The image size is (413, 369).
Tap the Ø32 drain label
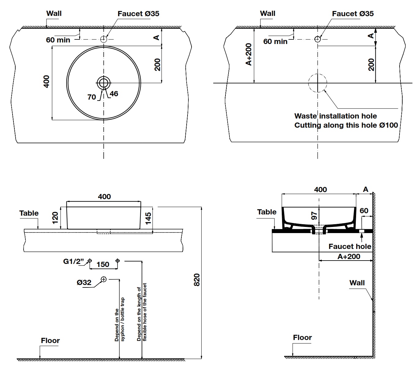(84, 283)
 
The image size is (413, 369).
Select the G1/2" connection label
(73, 261)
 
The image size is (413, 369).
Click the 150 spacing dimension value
(103, 264)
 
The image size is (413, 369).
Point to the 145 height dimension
(148, 218)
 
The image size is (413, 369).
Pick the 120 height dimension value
(55, 218)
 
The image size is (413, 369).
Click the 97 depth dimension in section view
(314, 216)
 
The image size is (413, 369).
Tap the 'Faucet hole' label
(350, 246)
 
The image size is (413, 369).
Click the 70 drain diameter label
(91, 97)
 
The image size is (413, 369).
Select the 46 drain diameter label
(114, 94)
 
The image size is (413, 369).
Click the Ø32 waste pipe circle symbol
(104, 279)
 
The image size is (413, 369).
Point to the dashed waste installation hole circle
(318, 83)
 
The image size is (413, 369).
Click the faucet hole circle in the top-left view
(104, 39)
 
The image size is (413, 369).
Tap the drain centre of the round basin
(104, 82)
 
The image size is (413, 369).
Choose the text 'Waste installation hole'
(335, 116)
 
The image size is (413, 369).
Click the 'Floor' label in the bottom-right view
(302, 337)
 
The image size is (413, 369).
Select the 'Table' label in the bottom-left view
(29, 213)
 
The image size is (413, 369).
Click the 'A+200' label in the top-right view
(248, 54)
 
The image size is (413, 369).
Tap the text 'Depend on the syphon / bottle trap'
(120, 320)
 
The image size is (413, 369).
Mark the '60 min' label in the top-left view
(58, 40)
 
